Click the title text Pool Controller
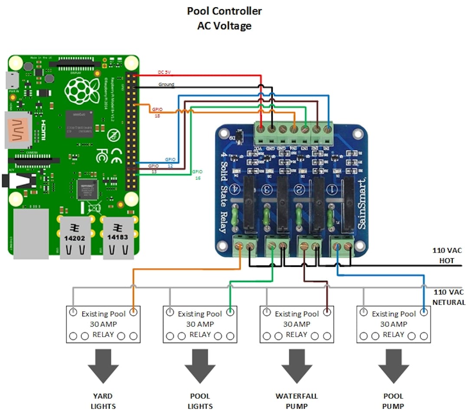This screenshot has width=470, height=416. [x=224, y=11]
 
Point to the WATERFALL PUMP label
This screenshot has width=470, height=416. [x=297, y=401]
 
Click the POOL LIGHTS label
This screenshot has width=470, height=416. [x=200, y=401]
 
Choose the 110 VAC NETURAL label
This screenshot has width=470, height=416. [x=448, y=297]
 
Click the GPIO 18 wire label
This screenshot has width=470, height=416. [x=157, y=111]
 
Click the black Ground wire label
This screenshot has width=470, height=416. [x=166, y=84]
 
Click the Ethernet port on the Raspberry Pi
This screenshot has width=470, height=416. [x=31, y=234]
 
